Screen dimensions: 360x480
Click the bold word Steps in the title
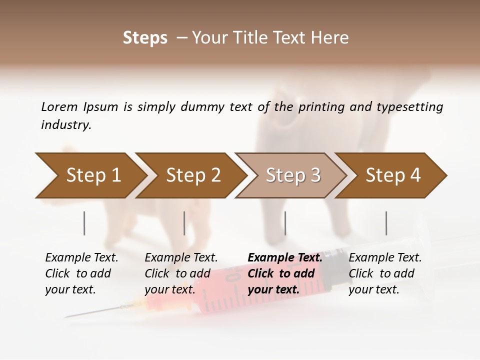click(145, 38)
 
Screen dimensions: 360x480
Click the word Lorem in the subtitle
click(59, 106)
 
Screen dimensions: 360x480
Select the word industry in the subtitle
click(66, 125)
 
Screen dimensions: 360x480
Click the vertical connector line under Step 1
click(84, 223)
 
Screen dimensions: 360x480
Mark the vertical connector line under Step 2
click(184, 223)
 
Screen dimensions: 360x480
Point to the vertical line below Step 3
click(285, 223)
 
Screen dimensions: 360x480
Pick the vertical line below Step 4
click(386, 223)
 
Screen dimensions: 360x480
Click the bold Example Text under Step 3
click(285, 258)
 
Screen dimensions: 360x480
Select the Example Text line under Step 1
click(81, 258)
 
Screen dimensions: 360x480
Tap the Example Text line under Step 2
click(181, 258)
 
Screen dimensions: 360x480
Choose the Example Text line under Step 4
click(385, 258)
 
